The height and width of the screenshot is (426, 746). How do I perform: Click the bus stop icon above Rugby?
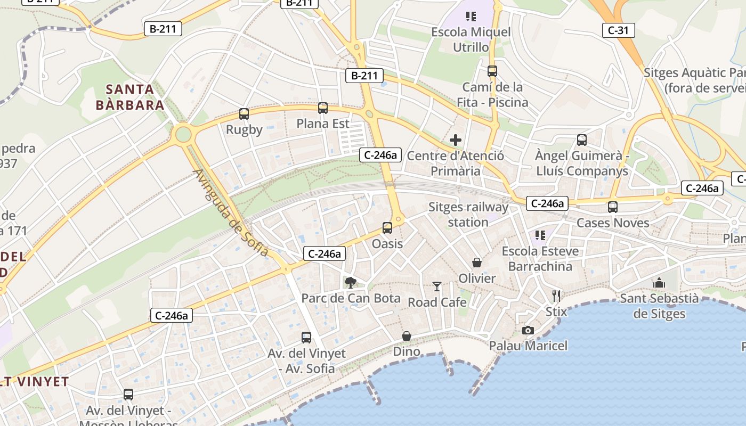[244, 114]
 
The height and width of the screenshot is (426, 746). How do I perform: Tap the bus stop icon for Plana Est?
[323, 108]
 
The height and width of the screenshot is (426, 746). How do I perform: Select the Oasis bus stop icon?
[387, 228]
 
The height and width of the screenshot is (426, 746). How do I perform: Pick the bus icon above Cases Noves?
[613, 207]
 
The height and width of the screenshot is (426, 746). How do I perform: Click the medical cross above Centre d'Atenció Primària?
[456, 141]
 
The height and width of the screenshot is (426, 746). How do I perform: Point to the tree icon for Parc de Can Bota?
[350, 282]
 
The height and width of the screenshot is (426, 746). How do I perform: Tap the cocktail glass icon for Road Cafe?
[437, 286]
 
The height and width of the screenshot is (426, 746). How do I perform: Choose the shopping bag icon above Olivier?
[477, 263]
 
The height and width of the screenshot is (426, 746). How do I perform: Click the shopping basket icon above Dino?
[407, 336]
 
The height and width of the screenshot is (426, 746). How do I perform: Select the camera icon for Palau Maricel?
[528, 330]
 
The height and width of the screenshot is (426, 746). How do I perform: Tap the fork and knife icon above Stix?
[556, 296]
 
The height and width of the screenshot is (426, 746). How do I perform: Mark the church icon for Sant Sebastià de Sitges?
[659, 283]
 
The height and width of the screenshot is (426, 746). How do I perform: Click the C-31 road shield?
[618, 30]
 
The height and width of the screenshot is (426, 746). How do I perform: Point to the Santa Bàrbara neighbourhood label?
[130, 97]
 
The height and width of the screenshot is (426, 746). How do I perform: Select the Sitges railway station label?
[468, 214]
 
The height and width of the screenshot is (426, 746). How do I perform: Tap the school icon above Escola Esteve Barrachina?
[540, 235]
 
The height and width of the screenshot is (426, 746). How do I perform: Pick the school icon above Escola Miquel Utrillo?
[471, 17]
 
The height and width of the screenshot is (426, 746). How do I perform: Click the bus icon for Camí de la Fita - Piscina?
[492, 71]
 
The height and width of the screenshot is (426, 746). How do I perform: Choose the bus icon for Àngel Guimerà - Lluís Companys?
[582, 140]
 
